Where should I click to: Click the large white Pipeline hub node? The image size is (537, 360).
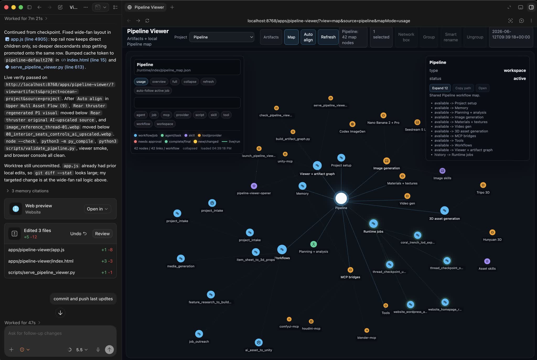(x=341, y=198)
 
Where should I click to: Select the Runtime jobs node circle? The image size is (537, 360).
(x=373, y=223)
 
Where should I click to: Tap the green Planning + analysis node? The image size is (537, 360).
(x=313, y=244)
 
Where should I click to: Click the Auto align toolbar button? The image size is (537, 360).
(x=308, y=37)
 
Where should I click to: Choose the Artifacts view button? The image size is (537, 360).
(x=271, y=37)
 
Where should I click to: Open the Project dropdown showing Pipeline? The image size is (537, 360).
(x=222, y=37)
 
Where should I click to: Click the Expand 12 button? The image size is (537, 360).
(x=440, y=88)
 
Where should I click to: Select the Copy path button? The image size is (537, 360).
(x=463, y=88)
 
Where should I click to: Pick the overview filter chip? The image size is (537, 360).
(x=159, y=81)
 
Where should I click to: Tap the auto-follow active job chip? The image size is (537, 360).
(x=153, y=91)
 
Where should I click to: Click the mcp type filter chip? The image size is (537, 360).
(x=166, y=115)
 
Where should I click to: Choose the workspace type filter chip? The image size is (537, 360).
(x=165, y=124)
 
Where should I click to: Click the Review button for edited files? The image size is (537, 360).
(x=102, y=233)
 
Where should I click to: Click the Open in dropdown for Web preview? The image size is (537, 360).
(x=97, y=209)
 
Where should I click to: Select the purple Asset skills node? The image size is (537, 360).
(x=487, y=261)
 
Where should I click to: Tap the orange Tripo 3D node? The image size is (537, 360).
(x=483, y=185)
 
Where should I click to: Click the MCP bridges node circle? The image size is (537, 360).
(x=350, y=270)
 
